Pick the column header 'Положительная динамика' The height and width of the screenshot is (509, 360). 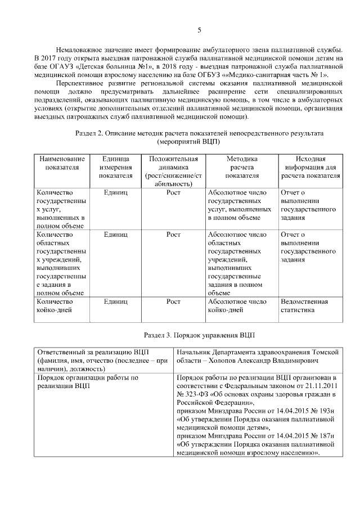click(x=173, y=171)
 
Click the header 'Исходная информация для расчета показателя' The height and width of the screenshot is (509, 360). click(x=310, y=167)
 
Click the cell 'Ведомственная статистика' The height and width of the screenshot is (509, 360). click(x=304, y=305)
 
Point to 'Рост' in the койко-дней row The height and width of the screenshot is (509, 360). click(x=173, y=301)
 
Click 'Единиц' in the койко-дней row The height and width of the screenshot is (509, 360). click(x=116, y=301)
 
